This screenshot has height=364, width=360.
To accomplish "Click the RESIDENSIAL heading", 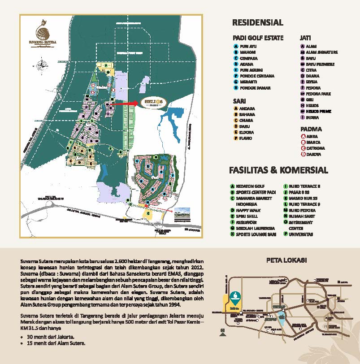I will [x=257, y=22].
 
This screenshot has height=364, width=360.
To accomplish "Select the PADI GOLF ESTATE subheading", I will [x=258, y=38].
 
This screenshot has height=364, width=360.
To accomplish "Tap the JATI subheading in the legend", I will [x=306, y=38].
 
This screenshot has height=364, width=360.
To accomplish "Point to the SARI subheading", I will [x=240, y=100].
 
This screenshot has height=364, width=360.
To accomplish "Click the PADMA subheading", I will [x=311, y=129].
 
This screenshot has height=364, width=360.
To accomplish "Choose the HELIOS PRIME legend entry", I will [x=318, y=111].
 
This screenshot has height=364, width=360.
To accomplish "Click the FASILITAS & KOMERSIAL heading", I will [x=278, y=170].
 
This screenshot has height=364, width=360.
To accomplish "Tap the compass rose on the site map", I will [x=43, y=63].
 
